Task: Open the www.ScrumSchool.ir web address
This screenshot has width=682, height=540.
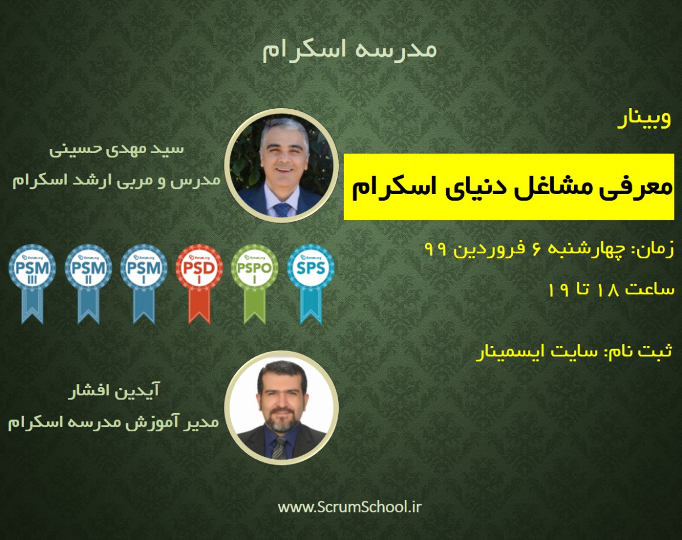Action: point(350,506)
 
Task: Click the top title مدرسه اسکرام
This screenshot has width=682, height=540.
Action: point(349,50)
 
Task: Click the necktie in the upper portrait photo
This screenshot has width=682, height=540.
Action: point(282,209)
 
